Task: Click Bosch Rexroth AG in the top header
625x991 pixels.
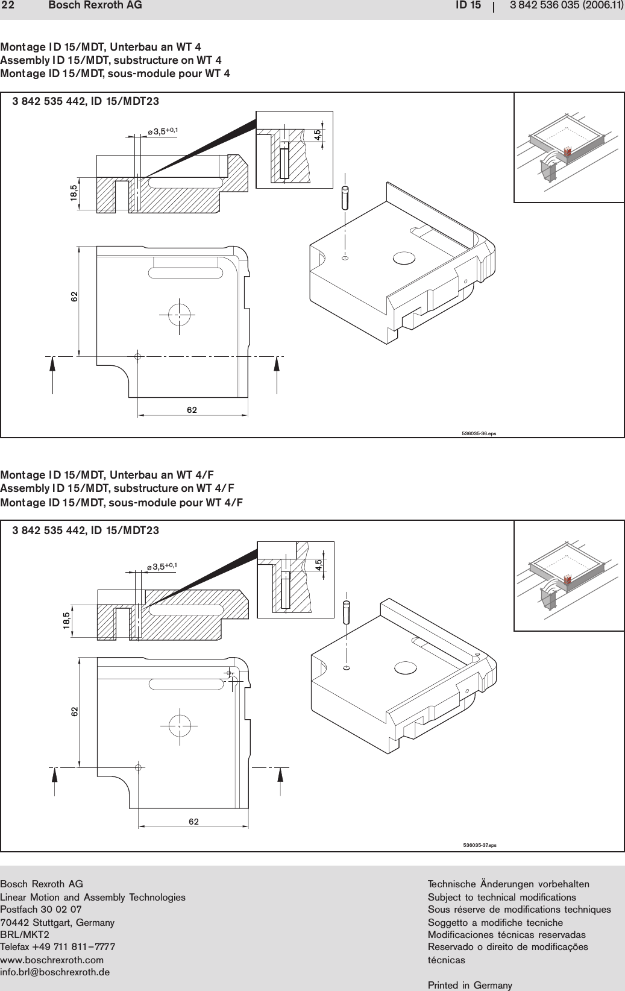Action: tap(95, 5)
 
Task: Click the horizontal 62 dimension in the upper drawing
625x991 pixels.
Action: tap(192, 411)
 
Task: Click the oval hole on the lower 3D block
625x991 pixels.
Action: tap(404, 668)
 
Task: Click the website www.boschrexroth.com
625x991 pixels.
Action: tap(52, 959)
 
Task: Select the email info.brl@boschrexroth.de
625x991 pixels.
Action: tap(55, 972)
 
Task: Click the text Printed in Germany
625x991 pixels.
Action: tap(470, 985)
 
